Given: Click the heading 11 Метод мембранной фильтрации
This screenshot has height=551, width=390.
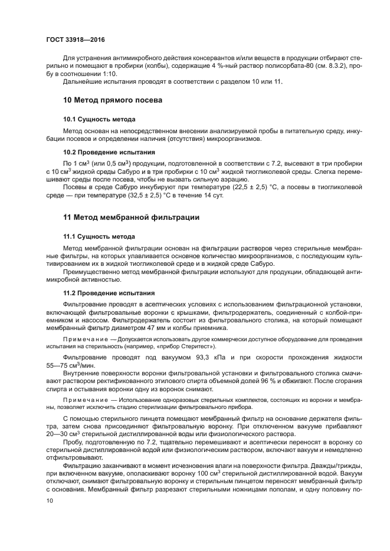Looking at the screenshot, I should pos(131,217).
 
